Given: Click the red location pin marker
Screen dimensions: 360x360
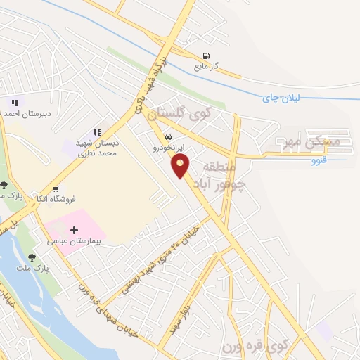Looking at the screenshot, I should (x=181, y=166).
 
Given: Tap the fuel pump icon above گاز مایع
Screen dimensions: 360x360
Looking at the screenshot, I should (x=205, y=56).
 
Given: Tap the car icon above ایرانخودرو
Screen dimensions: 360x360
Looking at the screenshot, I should (x=168, y=137).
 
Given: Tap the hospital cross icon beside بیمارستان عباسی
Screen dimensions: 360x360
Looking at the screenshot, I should (x=75, y=229).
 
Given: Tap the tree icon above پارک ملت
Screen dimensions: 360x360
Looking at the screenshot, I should (x=31, y=257).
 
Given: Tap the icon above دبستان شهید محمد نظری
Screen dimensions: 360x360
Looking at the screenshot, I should (x=97, y=131).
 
